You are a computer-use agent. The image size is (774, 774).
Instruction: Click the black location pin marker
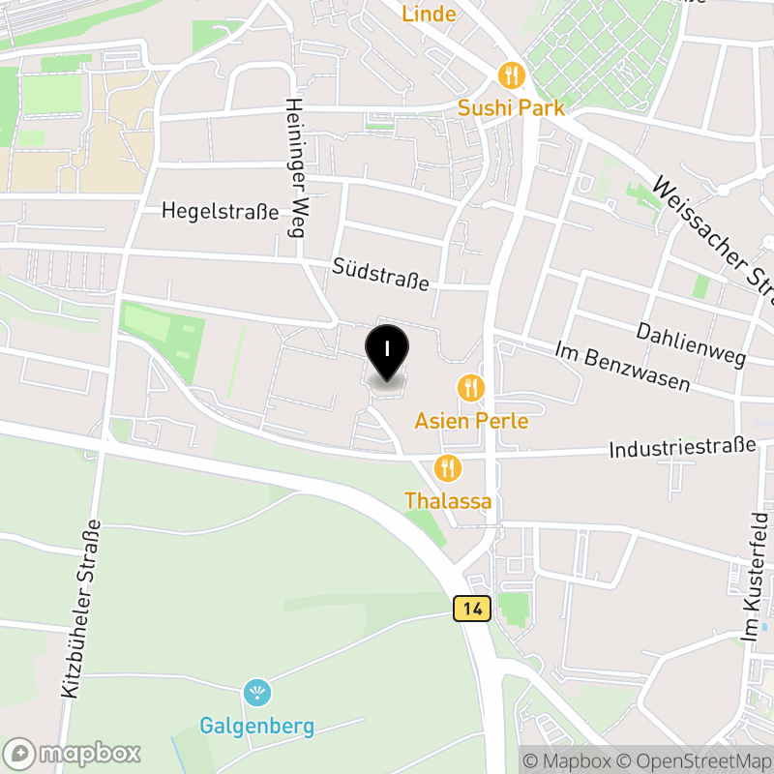tap(387, 353)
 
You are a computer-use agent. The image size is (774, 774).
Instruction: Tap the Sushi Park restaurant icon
tap(511, 74)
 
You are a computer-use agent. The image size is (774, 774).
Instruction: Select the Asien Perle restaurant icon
tap(471, 388)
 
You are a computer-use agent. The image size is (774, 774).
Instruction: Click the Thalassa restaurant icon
tap(448, 468)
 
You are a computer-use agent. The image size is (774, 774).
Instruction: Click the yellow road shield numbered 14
tap(471, 609)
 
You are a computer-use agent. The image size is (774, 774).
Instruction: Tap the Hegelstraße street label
tap(220, 210)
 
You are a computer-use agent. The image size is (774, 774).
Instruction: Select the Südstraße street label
tap(380, 274)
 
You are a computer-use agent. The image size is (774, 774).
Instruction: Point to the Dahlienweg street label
tap(691, 344)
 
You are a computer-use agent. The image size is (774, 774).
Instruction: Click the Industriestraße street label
tap(682, 448)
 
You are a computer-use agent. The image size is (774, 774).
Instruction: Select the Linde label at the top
tap(429, 15)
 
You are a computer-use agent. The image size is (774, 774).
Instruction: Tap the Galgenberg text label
tap(257, 726)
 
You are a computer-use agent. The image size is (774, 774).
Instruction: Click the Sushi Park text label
tap(511, 107)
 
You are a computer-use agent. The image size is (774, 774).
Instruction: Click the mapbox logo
tap(73, 753)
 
